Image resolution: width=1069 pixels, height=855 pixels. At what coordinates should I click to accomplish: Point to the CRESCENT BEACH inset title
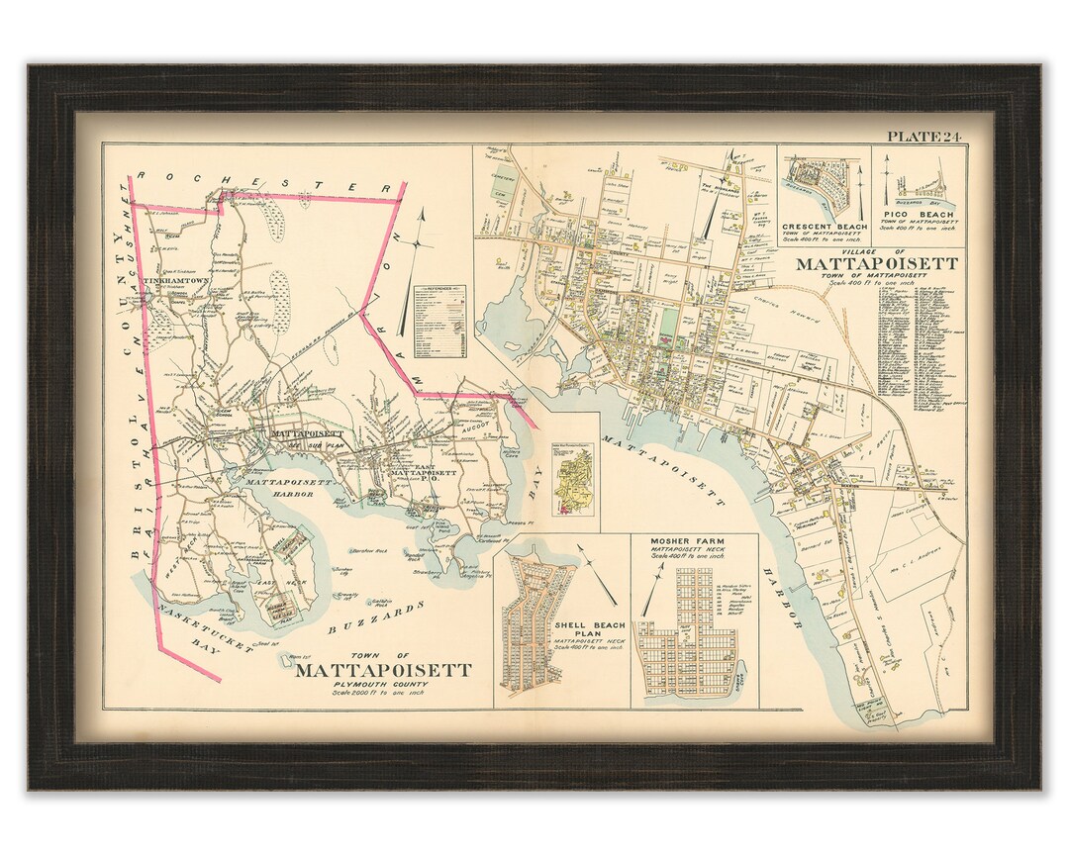pyautogui.click(x=824, y=227)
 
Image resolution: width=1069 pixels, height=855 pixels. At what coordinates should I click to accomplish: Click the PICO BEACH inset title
pyautogui.click(x=921, y=215)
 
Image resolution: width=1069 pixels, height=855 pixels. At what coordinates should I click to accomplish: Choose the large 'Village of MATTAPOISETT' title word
pyautogui.click(x=876, y=264)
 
